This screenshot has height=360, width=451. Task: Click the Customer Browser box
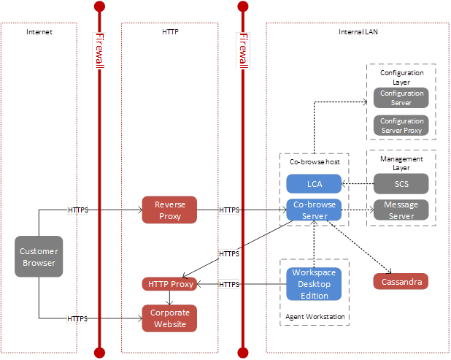pos(38,257)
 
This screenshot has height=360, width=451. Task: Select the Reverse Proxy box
pos(169,210)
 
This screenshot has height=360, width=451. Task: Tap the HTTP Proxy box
pos(170,283)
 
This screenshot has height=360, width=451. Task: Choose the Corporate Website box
pos(169,318)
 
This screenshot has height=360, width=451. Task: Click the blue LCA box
pos(314,184)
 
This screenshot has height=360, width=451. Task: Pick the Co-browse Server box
pos(314,210)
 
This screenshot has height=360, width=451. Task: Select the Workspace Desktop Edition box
pos(315,284)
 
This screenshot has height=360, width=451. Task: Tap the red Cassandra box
pos(401,281)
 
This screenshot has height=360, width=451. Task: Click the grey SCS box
pos(401,184)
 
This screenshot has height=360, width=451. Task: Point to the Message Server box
pos(401,210)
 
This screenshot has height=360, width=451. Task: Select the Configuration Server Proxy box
pos(401,125)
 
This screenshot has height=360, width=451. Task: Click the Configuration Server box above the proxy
pos(401,98)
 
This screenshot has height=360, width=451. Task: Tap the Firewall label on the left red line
pos(100,51)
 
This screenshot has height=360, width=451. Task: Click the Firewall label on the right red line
pos(243,51)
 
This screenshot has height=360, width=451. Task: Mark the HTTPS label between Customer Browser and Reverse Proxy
pos(77,210)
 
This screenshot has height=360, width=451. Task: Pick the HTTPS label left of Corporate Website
pos(77,318)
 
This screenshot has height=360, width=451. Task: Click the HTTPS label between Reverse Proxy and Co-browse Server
pos(229,210)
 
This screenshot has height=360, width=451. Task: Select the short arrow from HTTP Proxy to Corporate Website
pos(169,298)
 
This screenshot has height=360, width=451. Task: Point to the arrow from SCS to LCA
pos(358,184)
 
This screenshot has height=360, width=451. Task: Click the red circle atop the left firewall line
pos(100,7)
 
